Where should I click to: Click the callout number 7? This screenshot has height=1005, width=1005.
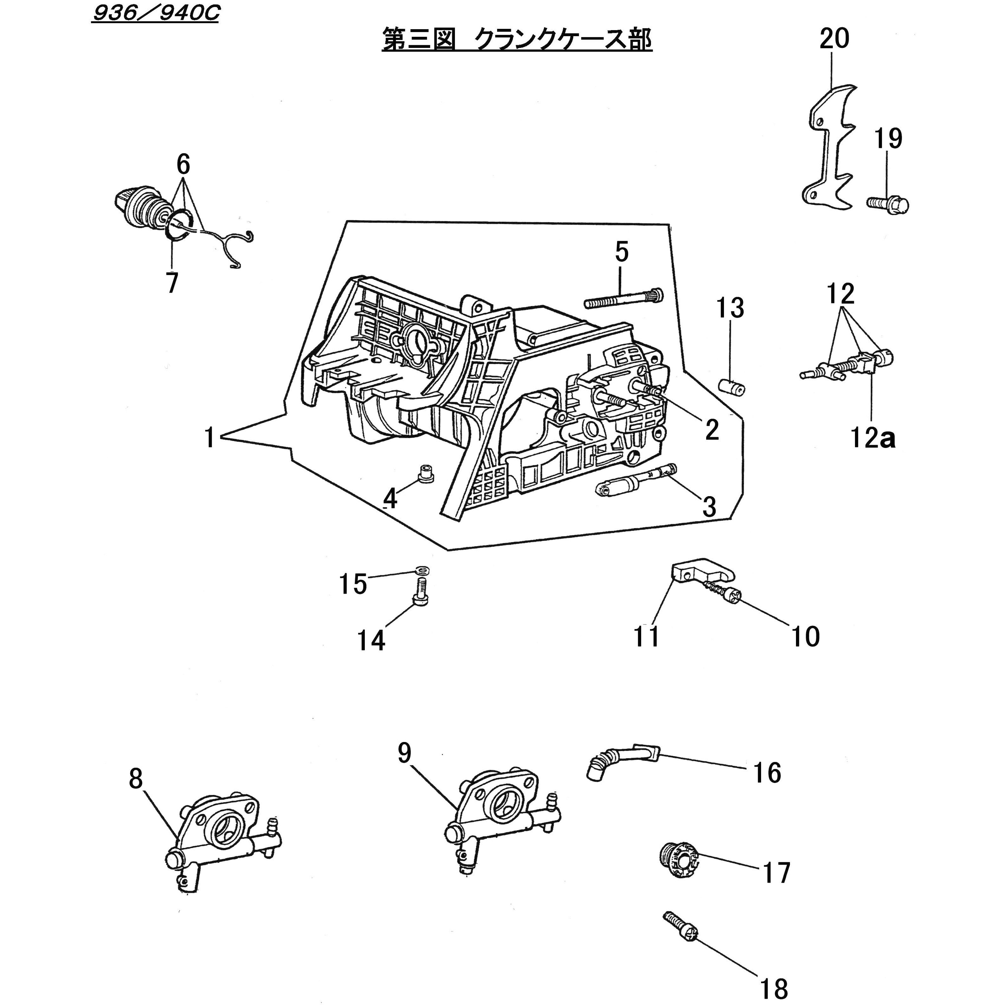[x=172, y=284]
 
